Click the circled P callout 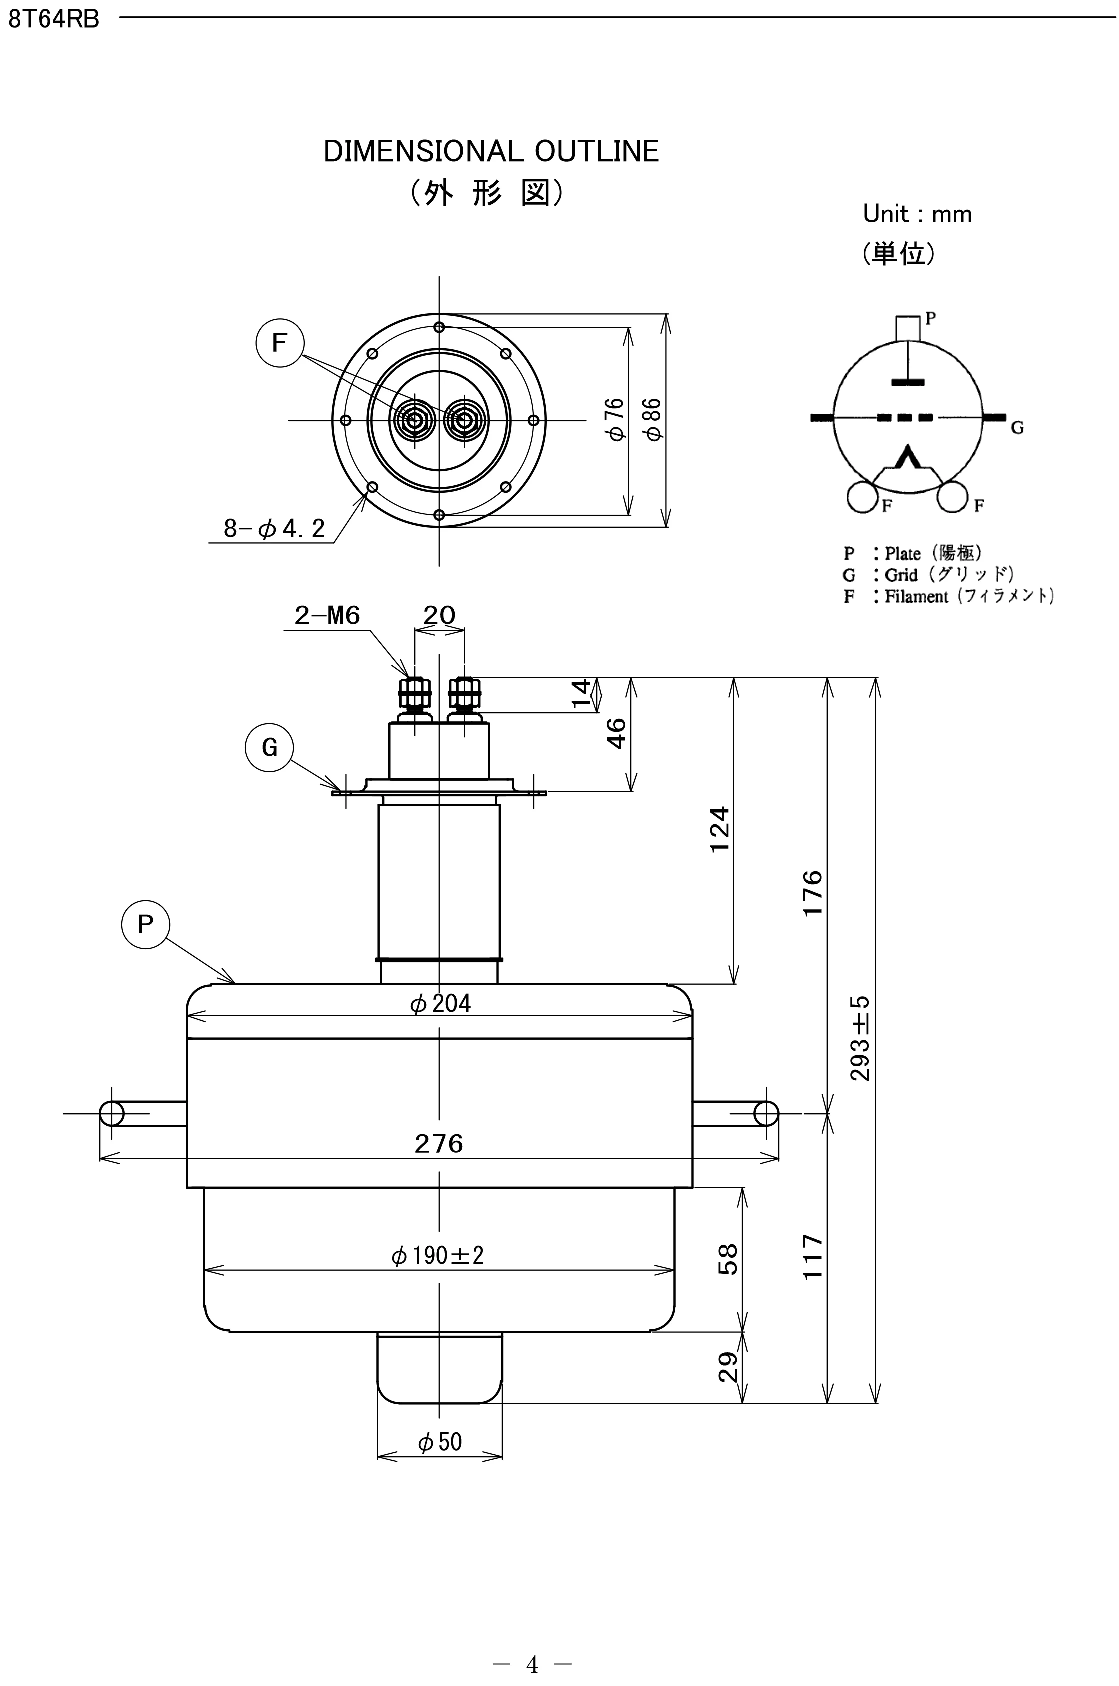coord(145,924)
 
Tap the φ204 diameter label coord(440,1004)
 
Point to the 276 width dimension coord(439,1143)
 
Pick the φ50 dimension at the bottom coord(440,1442)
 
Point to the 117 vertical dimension coord(813,1258)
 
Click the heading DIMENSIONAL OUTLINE coord(491,152)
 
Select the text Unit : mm coord(917,214)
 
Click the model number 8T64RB coord(53,19)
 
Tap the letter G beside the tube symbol coord(1017,428)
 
